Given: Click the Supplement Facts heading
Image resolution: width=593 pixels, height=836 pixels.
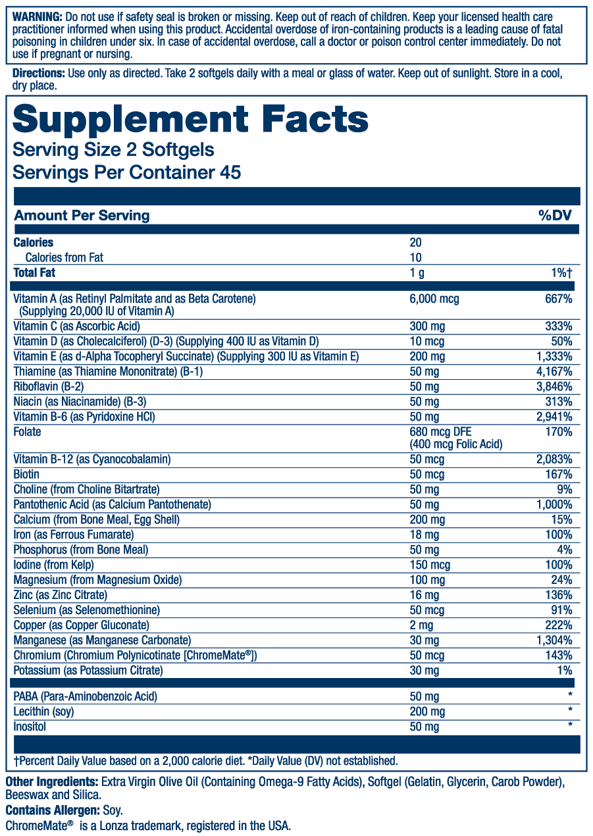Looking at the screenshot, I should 190,119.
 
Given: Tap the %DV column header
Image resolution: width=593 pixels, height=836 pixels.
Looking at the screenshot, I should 555,215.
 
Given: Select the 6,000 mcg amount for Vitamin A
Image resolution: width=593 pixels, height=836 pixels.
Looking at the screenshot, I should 434,299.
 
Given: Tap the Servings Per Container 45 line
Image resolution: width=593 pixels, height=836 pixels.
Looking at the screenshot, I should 127,172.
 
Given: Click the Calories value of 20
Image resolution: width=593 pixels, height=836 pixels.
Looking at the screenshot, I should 415,242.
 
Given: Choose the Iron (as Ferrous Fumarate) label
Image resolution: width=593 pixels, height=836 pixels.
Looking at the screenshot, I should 74,535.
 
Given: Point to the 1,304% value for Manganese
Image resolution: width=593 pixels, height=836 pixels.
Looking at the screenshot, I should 554,640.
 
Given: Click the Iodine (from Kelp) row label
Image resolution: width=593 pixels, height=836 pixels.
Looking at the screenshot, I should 54,565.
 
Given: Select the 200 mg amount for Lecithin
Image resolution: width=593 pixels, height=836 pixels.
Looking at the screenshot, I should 426,712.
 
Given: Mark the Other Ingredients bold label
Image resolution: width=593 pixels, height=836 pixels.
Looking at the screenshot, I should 50,782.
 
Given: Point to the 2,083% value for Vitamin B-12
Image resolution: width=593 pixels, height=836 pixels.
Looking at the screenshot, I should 554,459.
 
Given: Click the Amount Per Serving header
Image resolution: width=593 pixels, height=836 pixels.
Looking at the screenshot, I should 82,215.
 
